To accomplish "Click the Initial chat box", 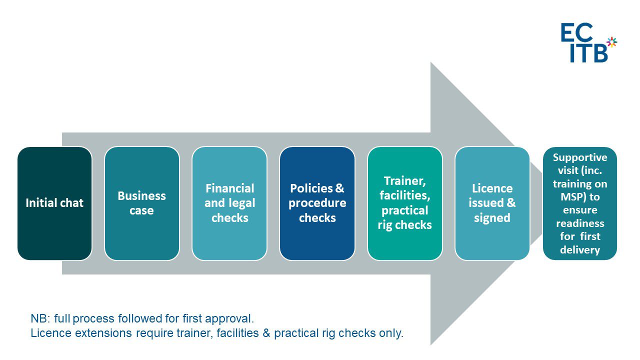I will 54,203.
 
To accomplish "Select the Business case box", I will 141,203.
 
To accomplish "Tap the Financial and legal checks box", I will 229,203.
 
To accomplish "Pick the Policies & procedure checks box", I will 317,203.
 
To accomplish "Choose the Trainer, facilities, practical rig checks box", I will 404,203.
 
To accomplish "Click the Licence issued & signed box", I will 492,203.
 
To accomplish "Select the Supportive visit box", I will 580,203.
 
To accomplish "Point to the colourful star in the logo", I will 611,42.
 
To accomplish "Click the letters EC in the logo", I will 576,32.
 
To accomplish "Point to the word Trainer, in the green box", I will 404,180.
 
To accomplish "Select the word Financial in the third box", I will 229,188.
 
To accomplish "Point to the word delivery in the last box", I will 580,249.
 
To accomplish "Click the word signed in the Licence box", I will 492,218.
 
